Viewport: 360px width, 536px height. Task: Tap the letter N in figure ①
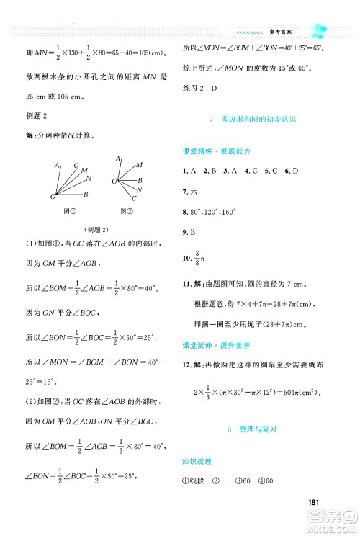pos(89,178)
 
